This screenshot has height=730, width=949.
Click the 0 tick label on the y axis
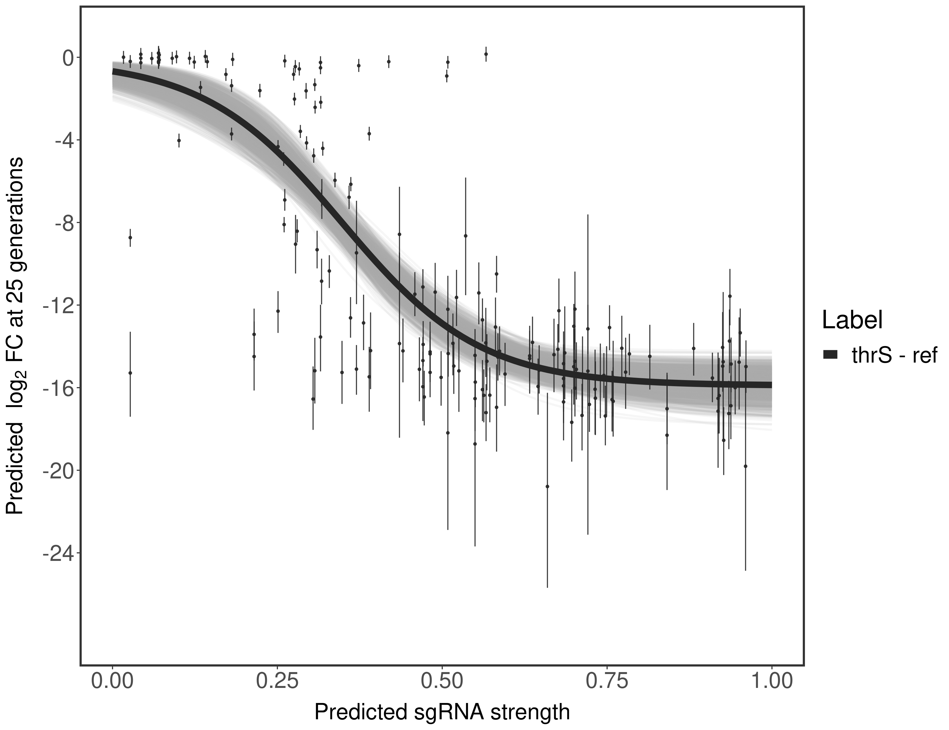[x=68, y=58]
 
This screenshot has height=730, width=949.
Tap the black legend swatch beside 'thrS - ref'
[x=830, y=355]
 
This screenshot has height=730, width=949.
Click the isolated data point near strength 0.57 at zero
[x=486, y=54]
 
